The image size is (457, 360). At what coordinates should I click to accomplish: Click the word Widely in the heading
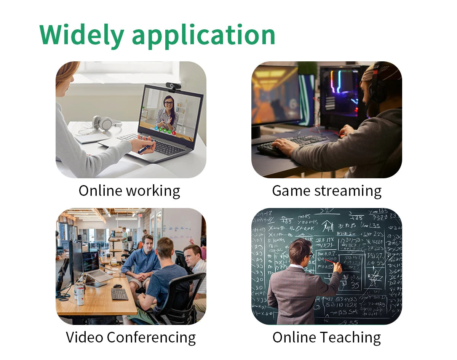pyautogui.click(x=81, y=35)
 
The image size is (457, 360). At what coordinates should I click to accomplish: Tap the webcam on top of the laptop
pyautogui.click(x=173, y=86)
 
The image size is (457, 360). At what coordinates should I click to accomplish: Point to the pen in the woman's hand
pyautogui.click(x=144, y=149)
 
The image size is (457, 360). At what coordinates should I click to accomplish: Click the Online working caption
pyautogui.click(x=129, y=190)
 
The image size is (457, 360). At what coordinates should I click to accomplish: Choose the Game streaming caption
pyautogui.click(x=327, y=190)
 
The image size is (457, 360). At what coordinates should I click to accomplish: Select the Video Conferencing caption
pyautogui.click(x=131, y=337)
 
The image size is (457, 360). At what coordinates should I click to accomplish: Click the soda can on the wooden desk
pyautogui.click(x=80, y=296)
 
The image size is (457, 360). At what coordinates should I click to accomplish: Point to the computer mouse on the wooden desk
pyautogui.click(x=118, y=286)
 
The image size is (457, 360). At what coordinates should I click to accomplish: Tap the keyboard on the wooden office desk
pyautogui.click(x=119, y=294)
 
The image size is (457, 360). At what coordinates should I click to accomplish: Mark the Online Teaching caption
pyautogui.click(x=326, y=337)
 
